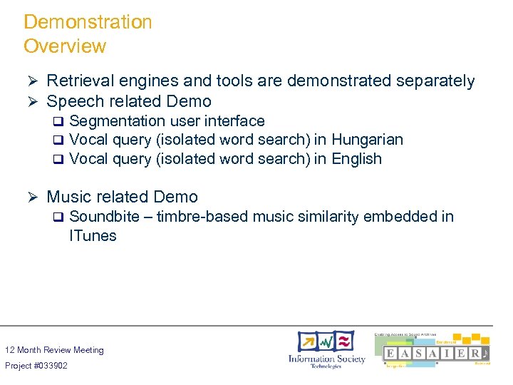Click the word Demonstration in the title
tap(88, 22)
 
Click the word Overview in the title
tap(65, 46)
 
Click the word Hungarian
tap(367, 140)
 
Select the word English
tap(356, 159)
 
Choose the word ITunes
tap(93, 236)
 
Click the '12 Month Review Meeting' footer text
tap(54, 350)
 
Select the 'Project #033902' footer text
tap(36, 366)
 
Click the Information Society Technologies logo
tap(326, 350)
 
